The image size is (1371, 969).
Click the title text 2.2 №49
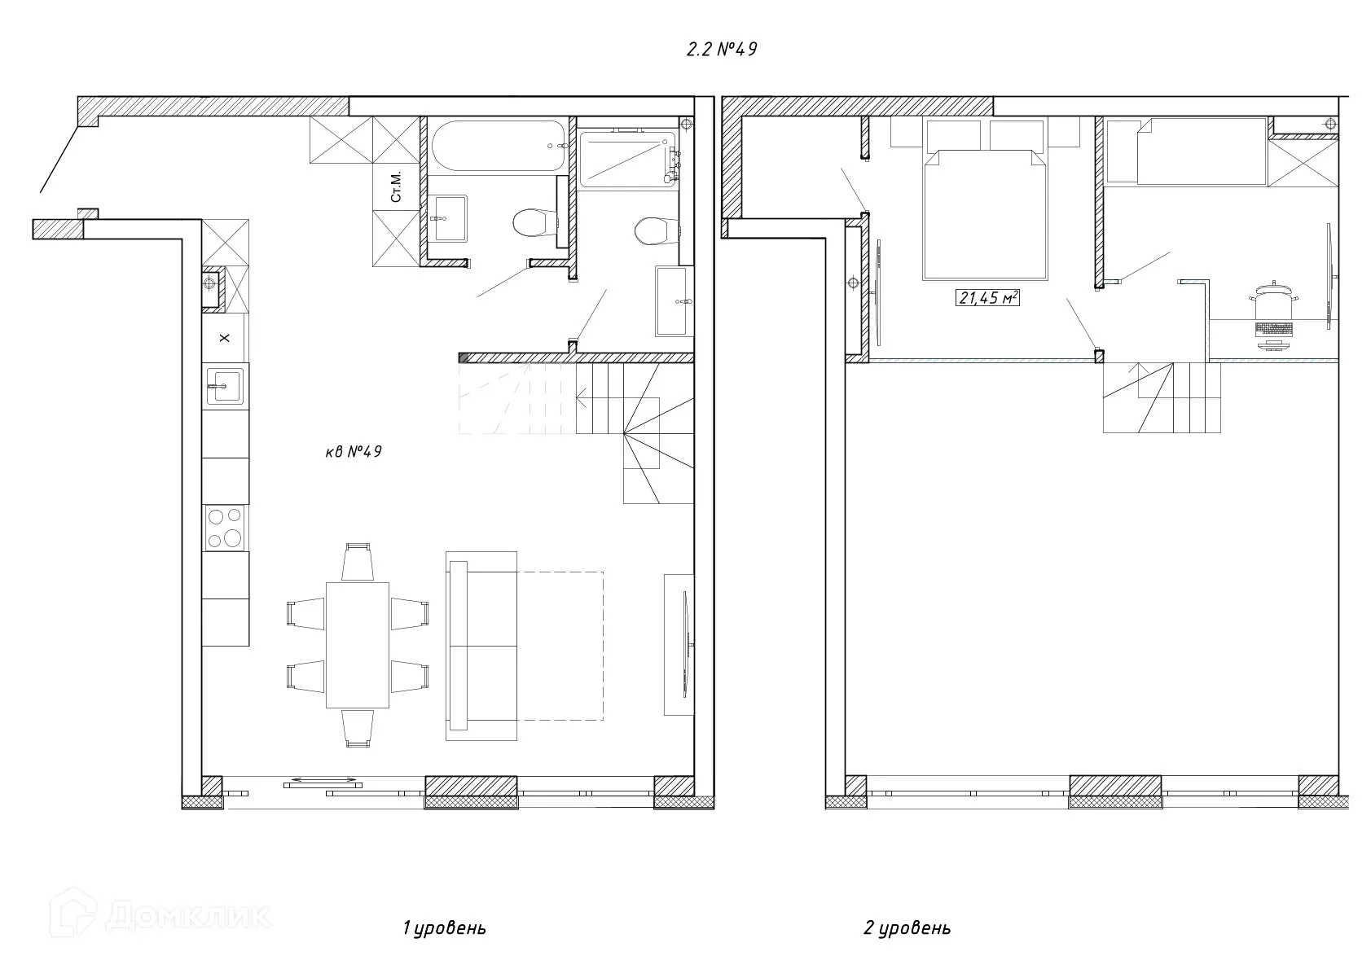pos(722,49)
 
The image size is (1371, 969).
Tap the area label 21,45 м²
pos(987,298)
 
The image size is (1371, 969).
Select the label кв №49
pos(354,451)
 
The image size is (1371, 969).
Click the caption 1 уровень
pos(444,928)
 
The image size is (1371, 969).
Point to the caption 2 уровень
pos(907,928)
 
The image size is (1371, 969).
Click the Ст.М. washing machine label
pos(396,186)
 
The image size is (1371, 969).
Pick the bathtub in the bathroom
pos(499,146)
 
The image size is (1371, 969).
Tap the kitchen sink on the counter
pos(225,386)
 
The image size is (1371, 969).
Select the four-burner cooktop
pos(225,528)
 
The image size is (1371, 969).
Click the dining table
pos(358,645)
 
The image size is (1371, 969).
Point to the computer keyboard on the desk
pos(1274,329)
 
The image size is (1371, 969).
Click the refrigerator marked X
pos(225,338)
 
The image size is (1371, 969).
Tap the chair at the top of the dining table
pos(358,562)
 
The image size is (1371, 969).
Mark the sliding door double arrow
pos(323,780)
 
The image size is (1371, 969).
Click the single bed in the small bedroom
pos(1200,151)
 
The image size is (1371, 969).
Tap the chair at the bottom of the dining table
pos(358,729)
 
